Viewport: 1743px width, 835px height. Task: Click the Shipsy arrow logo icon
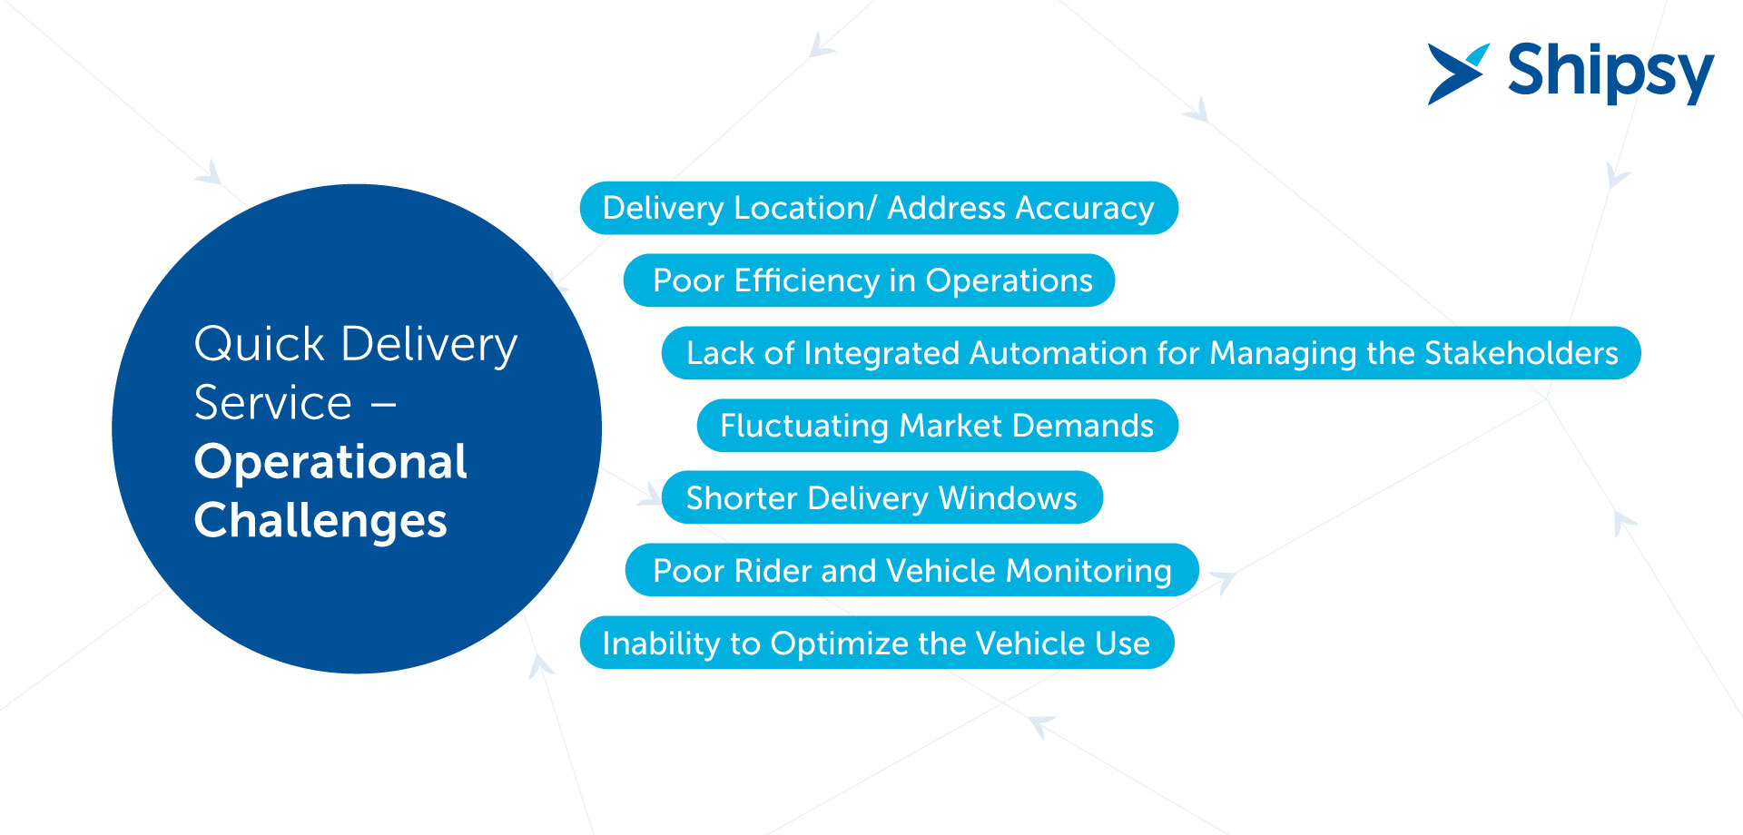pyautogui.click(x=1457, y=73)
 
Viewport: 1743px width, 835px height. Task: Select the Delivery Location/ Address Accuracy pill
pyautogui.click(x=878, y=208)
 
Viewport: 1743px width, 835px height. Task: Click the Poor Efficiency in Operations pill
pyautogui.click(x=869, y=280)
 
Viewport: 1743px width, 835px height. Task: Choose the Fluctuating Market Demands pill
pyautogui.click(x=937, y=426)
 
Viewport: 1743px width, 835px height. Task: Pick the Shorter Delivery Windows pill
pyautogui.click(x=881, y=498)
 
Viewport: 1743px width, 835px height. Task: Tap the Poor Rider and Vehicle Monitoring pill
pyautogui.click(x=911, y=571)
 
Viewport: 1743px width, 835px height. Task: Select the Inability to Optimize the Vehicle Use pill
pyautogui.click(x=876, y=643)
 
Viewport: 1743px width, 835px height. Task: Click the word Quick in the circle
pyautogui.click(x=260, y=345)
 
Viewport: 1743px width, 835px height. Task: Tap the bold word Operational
pyautogui.click(x=330, y=462)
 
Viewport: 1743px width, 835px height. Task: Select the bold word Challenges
pyautogui.click(x=320, y=521)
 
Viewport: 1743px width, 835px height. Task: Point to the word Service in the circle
pyautogui.click(x=272, y=403)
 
